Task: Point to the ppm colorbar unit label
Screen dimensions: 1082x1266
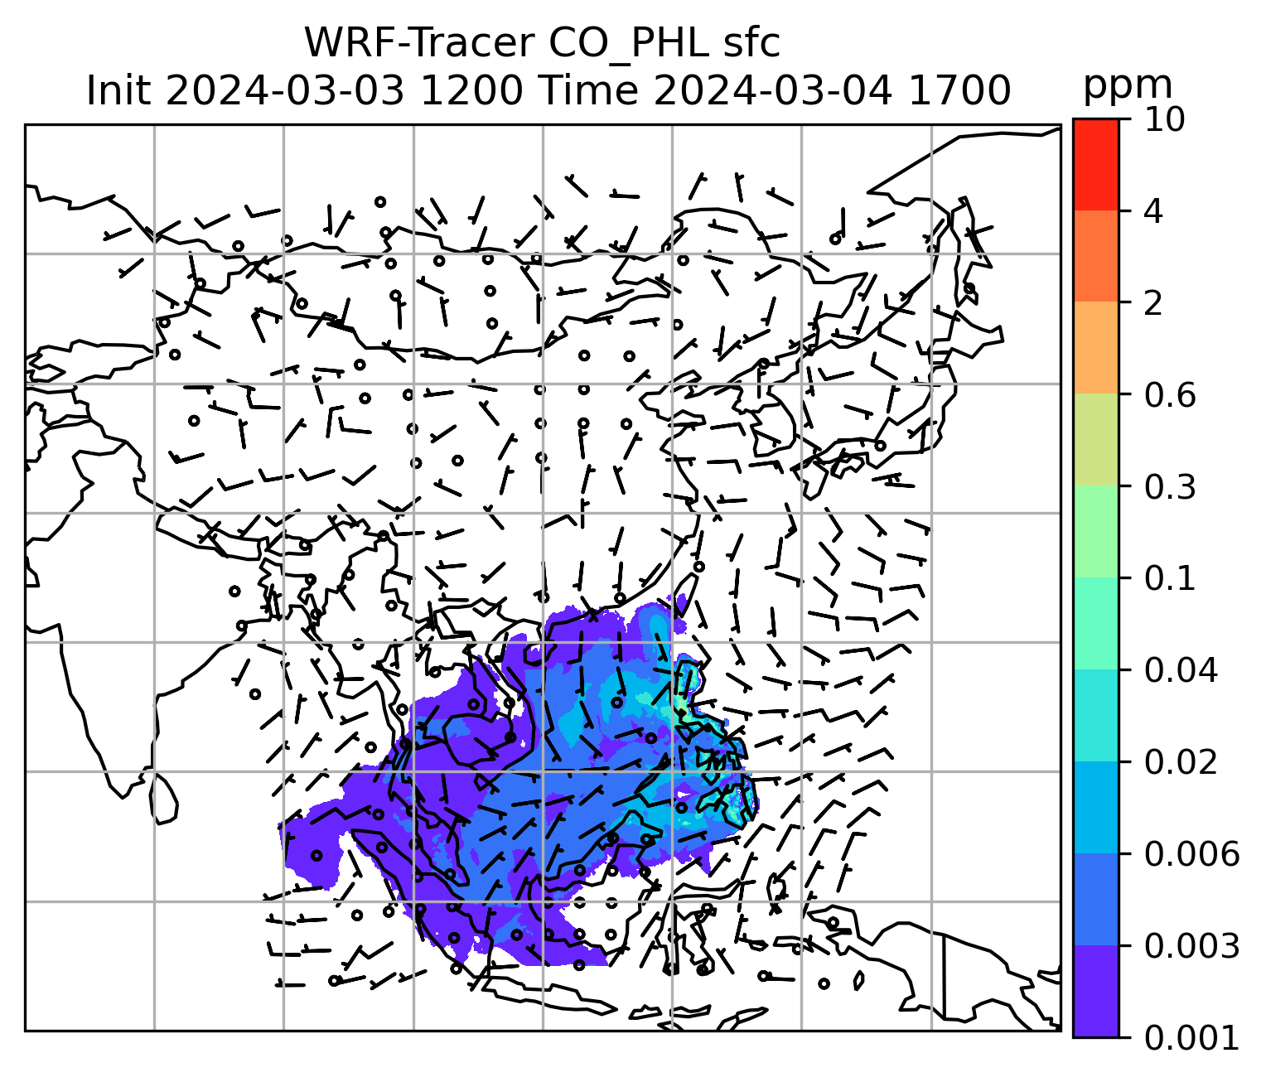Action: point(1128,85)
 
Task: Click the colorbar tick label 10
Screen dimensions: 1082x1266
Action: point(1164,120)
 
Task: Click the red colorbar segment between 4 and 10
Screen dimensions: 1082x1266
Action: point(1095,164)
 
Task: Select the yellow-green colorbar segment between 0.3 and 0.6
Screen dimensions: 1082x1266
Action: point(1095,440)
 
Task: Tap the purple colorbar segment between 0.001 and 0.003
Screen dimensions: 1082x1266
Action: point(1095,991)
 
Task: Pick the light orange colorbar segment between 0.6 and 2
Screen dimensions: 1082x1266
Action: point(1095,348)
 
